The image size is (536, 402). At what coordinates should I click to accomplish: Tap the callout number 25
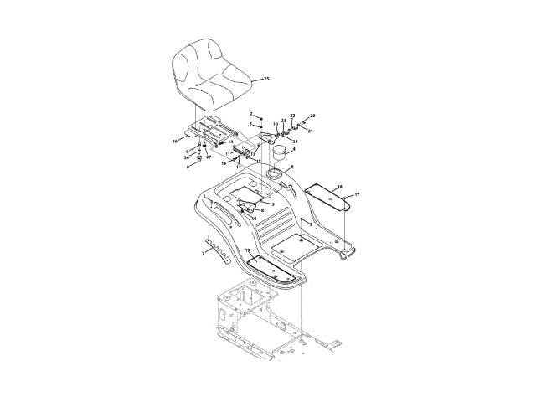pos(266,79)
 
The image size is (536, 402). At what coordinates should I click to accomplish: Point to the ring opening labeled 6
pos(275,174)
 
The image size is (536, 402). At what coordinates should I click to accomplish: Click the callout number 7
pos(202,251)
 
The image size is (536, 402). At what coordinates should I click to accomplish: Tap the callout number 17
pos(357,195)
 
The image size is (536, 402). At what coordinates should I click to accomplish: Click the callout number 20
pos(312,116)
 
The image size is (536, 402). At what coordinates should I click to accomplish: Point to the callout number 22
pos(292,115)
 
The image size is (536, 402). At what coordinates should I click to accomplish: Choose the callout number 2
pos(250,114)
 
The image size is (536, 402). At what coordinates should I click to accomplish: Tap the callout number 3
pos(311,224)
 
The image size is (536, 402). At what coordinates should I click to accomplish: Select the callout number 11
pos(227,154)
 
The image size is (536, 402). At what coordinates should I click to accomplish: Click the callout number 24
pos(295,142)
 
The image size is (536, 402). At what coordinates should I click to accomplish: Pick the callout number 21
pos(310,131)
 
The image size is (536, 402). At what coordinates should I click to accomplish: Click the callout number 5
pos(250,124)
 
